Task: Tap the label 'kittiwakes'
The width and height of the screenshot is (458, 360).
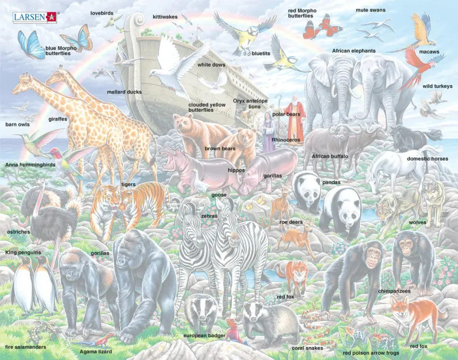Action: click(165, 17)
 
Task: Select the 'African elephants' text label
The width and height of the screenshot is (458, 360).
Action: click(354, 51)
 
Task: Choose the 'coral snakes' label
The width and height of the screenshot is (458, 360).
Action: click(307, 348)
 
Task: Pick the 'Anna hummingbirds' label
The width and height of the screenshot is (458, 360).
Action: click(30, 165)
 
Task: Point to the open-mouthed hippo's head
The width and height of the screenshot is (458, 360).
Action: click(171, 159)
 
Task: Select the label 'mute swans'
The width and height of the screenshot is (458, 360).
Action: click(371, 10)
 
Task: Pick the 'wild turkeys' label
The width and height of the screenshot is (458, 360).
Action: click(437, 86)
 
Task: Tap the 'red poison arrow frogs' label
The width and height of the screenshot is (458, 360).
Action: click(371, 353)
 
